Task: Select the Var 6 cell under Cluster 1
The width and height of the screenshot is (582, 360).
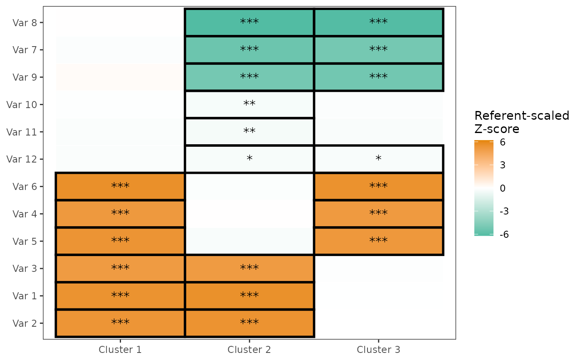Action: pyautogui.click(x=120, y=187)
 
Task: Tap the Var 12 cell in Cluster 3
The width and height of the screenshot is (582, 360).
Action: pyautogui.click(x=379, y=159)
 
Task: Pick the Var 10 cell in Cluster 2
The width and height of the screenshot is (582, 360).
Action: pyautogui.click(x=249, y=104)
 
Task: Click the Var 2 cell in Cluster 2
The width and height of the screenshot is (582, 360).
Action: pyautogui.click(x=249, y=323)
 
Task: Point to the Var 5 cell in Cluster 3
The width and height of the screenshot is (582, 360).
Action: pyautogui.click(x=379, y=241)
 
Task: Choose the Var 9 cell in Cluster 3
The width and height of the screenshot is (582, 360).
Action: pyautogui.click(x=379, y=77)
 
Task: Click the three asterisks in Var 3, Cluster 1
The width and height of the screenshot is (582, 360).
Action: pyautogui.click(x=120, y=268)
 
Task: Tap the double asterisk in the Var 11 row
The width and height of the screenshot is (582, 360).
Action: pyautogui.click(x=249, y=131)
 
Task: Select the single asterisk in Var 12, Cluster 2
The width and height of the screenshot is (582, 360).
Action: pyautogui.click(x=249, y=158)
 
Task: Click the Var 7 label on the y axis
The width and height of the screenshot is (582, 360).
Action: pyautogui.click(x=25, y=50)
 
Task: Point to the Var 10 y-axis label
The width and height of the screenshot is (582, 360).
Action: pyautogui.click(x=22, y=105)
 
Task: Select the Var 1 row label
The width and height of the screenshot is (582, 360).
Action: pyautogui.click(x=25, y=296)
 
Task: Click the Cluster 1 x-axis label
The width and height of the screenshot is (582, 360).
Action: pyautogui.click(x=120, y=350)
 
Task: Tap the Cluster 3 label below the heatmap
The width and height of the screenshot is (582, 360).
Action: pyautogui.click(x=378, y=350)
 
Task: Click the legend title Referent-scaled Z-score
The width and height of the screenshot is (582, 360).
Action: pyautogui.click(x=522, y=122)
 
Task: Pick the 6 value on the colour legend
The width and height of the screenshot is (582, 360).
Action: pyautogui.click(x=503, y=142)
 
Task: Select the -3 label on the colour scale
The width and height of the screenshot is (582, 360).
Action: pyautogui.click(x=504, y=212)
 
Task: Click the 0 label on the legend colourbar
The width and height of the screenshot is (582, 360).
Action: pyautogui.click(x=503, y=188)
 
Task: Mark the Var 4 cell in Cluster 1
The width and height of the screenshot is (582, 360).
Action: pyautogui.click(x=120, y=214)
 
